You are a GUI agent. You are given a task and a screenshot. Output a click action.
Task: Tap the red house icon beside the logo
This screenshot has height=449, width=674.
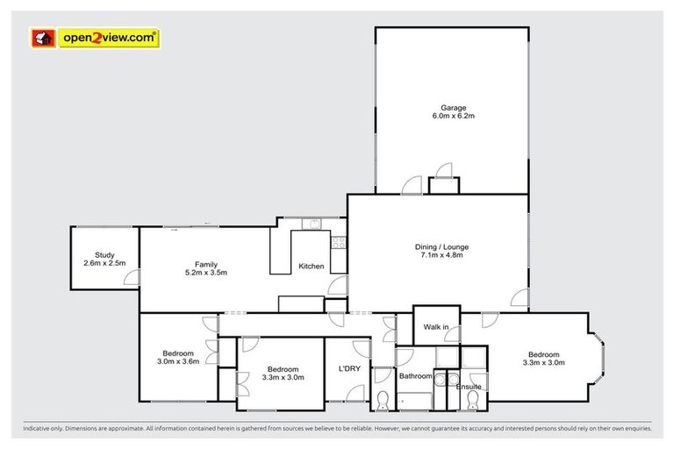(42, 37)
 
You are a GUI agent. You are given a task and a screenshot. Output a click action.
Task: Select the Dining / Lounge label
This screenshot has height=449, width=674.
(438, 246)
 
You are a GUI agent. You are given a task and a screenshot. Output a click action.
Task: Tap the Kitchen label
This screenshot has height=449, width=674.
(312, 266)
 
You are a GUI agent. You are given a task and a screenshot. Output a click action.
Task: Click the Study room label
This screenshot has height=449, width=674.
(104, 254)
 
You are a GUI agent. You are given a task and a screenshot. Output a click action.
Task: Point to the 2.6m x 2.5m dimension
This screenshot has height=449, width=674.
(104, 263)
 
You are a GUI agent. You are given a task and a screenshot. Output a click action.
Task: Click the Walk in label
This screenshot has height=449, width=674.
(436, 327)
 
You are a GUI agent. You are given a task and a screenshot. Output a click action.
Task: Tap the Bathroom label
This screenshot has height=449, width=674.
(416, 376)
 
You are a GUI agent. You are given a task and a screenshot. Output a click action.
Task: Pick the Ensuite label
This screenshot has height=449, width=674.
(470, 386)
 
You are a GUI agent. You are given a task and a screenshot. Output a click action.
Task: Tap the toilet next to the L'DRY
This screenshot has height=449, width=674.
(383, 402)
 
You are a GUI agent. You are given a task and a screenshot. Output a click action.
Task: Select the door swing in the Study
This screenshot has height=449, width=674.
(131, 278)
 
